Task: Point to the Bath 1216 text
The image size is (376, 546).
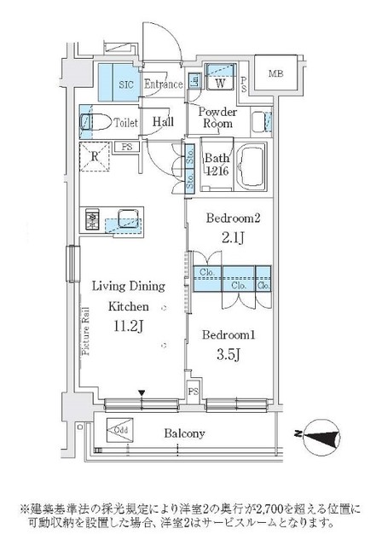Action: click(x=218, y=163)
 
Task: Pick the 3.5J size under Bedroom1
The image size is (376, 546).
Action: click(x=228, y=350)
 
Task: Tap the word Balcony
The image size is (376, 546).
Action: click(x=185, y=433)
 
